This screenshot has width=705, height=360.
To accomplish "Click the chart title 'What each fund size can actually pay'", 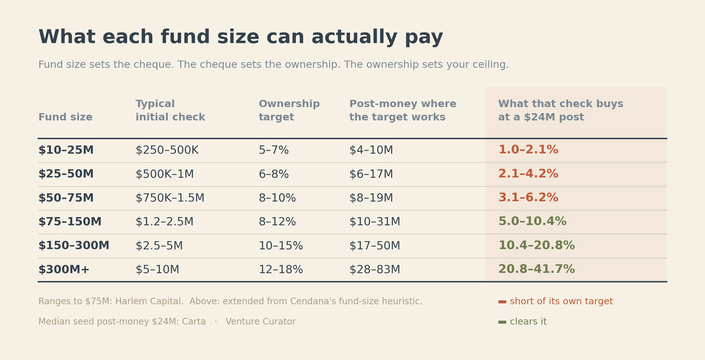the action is tap(241, 37).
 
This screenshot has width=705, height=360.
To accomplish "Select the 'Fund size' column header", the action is tap(66, 117).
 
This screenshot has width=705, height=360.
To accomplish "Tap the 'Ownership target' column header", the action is tap(289, 111).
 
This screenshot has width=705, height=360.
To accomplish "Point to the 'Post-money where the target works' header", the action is tap(403, 111).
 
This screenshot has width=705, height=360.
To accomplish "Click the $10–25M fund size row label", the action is tap(66, 150).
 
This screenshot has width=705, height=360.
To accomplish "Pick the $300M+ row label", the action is tap(64, 270).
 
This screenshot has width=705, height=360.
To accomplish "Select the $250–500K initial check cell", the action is tap(167, 150).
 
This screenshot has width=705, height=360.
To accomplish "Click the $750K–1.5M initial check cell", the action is tap(170, 198).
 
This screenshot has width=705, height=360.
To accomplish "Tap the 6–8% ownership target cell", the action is tap(274, 174).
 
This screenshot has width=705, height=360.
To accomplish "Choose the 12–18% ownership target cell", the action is tap(281, 270).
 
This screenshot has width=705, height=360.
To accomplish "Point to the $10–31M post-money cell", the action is tap(375, 222).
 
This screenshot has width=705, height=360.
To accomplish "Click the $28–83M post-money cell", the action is tap(375, 270).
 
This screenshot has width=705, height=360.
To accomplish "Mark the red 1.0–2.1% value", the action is tap(528, 150).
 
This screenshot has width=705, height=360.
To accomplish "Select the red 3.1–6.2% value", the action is tap(528, 198).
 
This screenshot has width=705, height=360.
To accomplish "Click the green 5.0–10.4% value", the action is tap(532, 222).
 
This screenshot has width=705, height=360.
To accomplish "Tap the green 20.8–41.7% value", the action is tap(537, 269).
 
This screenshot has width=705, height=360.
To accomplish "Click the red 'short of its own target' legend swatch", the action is tap(502, 302).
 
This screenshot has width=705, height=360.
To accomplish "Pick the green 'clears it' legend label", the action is tap(528, 322).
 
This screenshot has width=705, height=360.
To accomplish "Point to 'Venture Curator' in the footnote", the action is tap(261, 322).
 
